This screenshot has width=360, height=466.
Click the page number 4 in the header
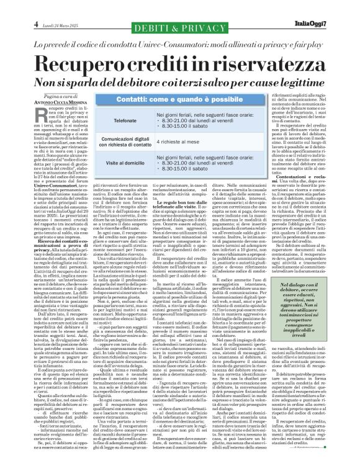coord(11,7)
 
